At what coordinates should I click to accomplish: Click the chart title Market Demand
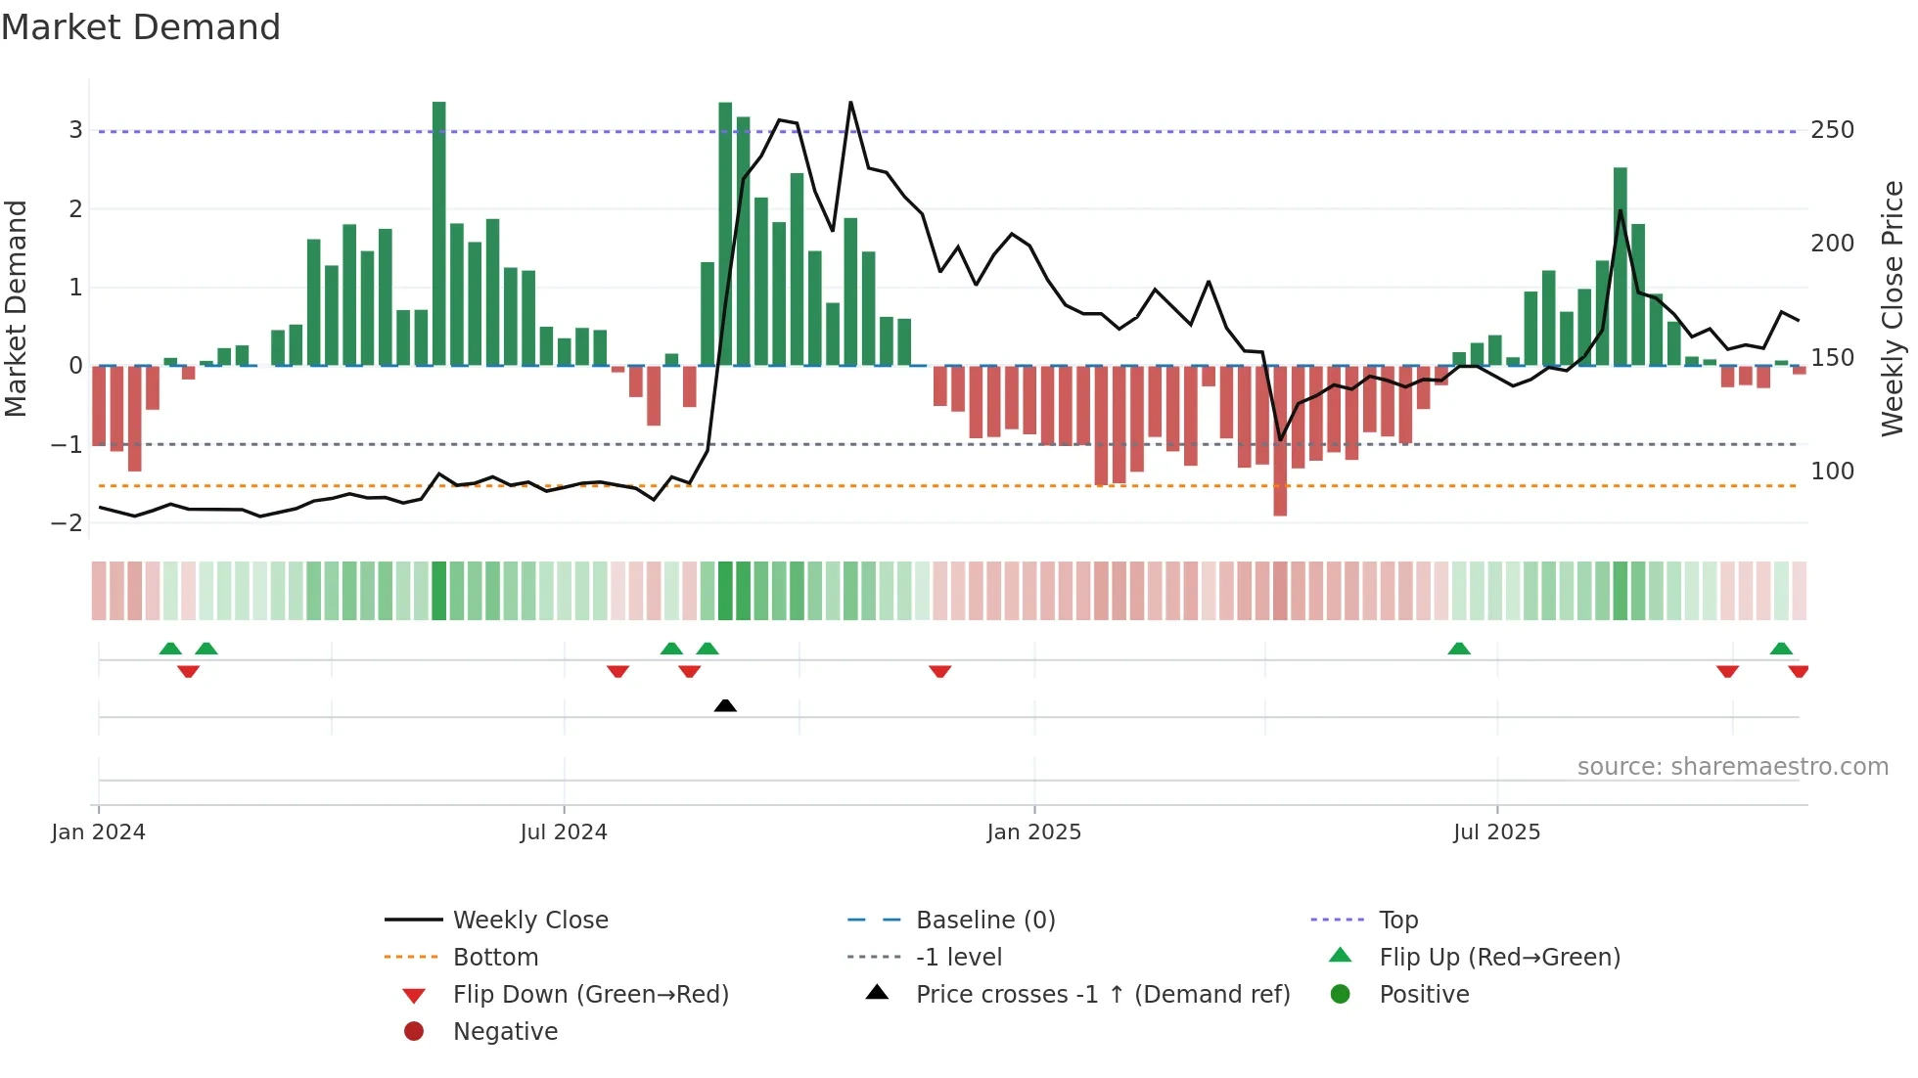141,27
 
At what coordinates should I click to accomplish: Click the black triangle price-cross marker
725,705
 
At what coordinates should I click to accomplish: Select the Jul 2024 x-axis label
564,832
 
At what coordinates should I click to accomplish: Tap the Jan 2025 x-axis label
1034,832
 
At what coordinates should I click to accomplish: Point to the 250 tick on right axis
1832,130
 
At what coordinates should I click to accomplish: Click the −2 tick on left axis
67,523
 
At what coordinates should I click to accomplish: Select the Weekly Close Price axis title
1893,308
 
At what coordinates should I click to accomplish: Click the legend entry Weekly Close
530,921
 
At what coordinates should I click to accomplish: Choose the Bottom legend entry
495,958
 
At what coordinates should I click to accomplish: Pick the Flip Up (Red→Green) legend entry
1499,958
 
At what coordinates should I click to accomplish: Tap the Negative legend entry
505,1032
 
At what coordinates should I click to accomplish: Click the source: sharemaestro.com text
1732,767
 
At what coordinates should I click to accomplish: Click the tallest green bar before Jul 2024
438,235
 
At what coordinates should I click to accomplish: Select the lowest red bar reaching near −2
1280,440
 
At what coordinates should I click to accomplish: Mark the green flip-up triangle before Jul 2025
1459,649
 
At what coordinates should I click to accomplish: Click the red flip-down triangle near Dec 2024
940,671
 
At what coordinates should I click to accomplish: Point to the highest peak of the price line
850,103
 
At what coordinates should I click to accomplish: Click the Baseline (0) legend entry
984,921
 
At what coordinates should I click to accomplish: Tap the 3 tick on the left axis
75,130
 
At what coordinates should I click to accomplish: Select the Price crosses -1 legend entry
1102,995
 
